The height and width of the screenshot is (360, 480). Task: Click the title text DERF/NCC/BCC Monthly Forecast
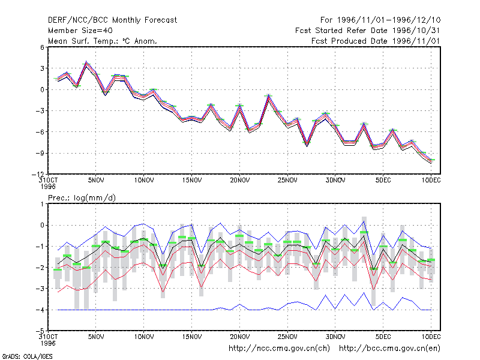tap(112, 20)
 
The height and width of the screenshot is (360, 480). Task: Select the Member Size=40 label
tap(80, 31)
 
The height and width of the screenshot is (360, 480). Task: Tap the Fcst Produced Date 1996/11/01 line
tap(376, 41)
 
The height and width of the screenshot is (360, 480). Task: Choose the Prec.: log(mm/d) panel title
tap(82, 198)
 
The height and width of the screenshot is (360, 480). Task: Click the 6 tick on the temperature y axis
tap(42, 47)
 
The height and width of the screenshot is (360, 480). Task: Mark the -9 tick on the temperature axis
tap(40, 153)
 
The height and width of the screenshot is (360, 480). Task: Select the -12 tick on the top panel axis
tap(38, 174)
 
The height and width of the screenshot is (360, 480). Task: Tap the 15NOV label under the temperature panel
tap(192, 180)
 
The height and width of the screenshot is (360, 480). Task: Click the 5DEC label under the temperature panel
tap(383, 180)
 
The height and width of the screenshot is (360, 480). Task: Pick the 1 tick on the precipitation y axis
tap(42, 204)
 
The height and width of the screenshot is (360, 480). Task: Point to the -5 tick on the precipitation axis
tap(40, 331)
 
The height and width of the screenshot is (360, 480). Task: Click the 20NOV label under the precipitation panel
tap(239, 337)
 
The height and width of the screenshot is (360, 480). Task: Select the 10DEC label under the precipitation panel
tap(431, 337)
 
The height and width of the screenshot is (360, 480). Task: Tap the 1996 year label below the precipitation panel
tap(48, 343)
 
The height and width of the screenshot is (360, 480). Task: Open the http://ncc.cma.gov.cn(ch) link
tap(279, 349)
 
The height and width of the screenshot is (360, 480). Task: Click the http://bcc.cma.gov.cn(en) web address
tap(389, 349)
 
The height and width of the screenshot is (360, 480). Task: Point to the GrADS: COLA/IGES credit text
tap(27, 356)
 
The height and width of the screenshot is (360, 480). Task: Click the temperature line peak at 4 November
tap(86, 62)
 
